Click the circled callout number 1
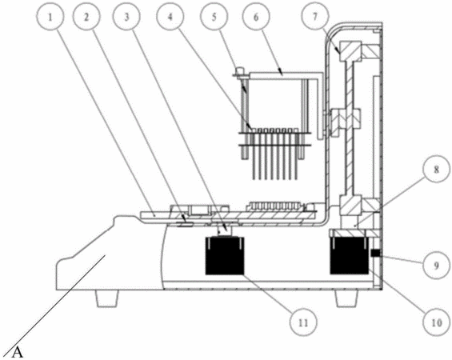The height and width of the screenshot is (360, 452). pos(50,18)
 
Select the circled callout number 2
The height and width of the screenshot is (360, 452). pos(86,18)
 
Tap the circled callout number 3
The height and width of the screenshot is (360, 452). pos(127,18)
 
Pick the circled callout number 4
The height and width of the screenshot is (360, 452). pos(170,18)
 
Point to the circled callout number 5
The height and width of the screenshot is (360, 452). pos(214,18)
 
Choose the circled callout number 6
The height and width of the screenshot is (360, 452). pos(256,18)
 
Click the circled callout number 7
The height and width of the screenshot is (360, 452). pos(315,17)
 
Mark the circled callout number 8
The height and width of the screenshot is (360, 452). pos(437,169)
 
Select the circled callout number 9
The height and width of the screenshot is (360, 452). pos(437,265)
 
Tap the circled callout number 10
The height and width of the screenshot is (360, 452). pos(437,322)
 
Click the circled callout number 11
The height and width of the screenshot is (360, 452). pos(303,322)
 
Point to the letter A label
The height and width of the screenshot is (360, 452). pos(18,353)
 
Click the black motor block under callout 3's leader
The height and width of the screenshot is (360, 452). pos(225,255)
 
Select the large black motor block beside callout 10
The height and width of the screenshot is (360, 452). pos(350,254)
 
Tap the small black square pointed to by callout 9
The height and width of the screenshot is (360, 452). pos(374,254)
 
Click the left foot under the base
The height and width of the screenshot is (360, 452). pos(107,298)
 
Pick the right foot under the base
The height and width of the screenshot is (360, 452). pos(346,298)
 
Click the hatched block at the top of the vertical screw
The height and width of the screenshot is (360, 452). pos(351,51)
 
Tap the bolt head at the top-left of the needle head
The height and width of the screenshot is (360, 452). pos(239,71)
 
